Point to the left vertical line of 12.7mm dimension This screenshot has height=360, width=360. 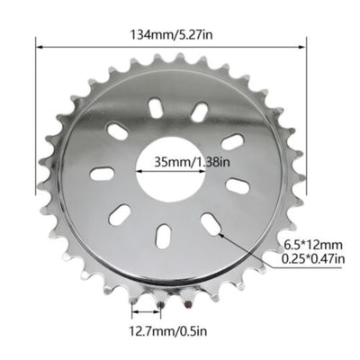(132, 310)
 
